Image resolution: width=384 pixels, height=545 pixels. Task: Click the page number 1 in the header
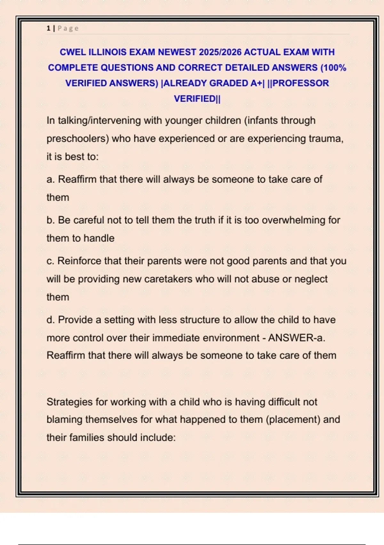coord(48,28)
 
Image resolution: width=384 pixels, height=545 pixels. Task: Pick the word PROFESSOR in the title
coord(300,83)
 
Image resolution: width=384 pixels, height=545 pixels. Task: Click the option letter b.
coord(50,220)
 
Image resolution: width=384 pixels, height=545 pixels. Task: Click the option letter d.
coord(50,320)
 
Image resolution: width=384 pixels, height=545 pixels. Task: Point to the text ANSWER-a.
coord(296,338)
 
